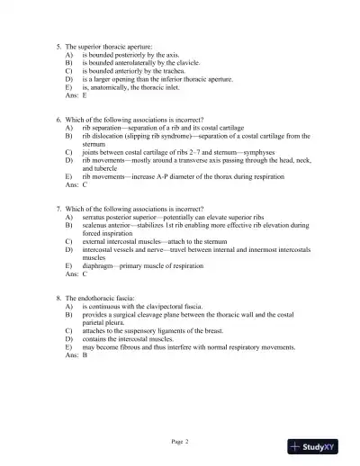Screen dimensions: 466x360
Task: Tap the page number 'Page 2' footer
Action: (180, 441)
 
